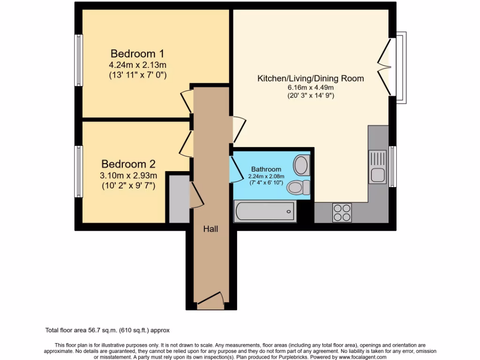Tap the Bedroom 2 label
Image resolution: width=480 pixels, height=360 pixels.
click(x=128, y=164)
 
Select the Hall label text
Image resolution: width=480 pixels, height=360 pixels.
click(x=210, y=229)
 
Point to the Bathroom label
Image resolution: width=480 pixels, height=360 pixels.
click(x=266, y=169)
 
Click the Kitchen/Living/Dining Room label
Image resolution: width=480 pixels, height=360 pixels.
click(x=310, y=78)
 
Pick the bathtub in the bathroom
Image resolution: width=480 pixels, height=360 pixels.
click(x=265, y=211)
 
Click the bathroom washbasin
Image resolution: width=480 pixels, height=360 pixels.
click(x=301, y=165)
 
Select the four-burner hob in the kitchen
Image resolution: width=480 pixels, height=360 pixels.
click(x=342, y=212)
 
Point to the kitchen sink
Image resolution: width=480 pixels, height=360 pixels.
click(x=377, y=167)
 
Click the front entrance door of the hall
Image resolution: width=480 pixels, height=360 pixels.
click(x=210, y=300)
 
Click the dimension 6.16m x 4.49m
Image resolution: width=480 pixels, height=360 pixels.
click(x=310, y=88)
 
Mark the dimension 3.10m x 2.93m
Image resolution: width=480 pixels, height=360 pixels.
click(x=128, y=176)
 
